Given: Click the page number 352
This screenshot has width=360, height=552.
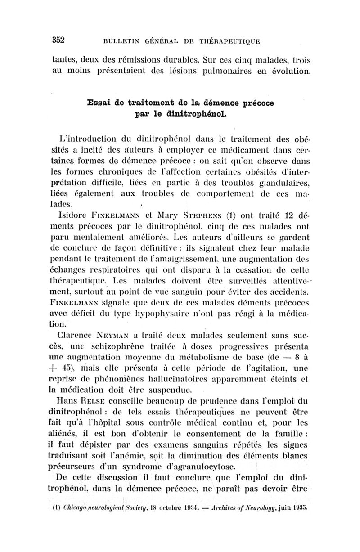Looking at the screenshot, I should pyautogui.click(x=58, y=40).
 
